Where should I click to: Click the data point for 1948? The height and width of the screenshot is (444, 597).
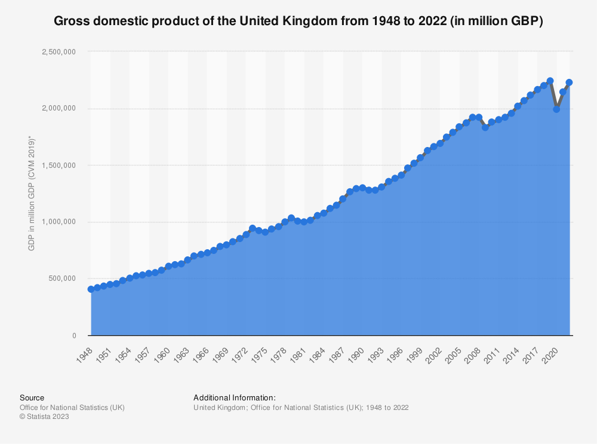pyautogui.click(x=91, y=289)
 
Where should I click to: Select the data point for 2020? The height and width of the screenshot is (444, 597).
pyautogui.click(x=556, y=109)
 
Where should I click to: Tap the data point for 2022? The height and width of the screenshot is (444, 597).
pyautogui.click(x=569, y=82)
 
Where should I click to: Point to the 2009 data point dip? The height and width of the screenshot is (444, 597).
pyautogui.click(x=485, y=127)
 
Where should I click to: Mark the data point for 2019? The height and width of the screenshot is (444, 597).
pyautogui.click(x=550, y=81)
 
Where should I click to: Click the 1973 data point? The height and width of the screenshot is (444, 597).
pyautogui.click(x=253, y=228)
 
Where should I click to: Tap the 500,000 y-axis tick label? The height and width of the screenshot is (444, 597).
pyautogui.click(x=62, y=278)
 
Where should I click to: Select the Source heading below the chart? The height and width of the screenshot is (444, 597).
pyautogui.click(x=32, y=397)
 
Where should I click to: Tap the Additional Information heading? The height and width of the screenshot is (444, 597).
pyautogui.click(x=234, y=397)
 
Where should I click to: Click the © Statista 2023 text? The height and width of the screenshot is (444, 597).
pyautogui.click(x=44, y=417)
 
